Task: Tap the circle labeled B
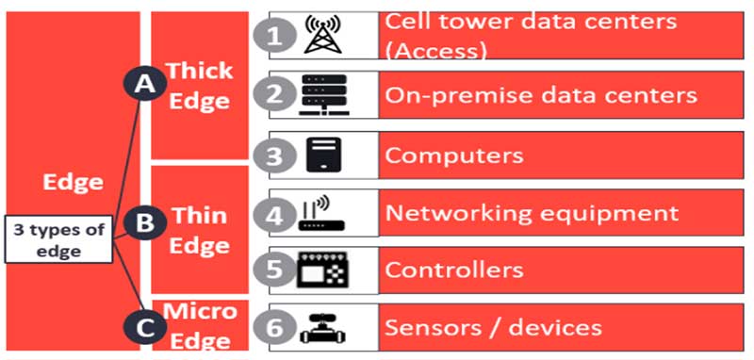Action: (x=144, y=224)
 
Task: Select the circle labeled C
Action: (x=144, y=326)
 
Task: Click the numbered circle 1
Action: (x=273, y=37)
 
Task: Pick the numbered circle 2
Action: (x=273, y=94)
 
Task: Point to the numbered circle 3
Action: (x=273, y=155)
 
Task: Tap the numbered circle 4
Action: (x=273, y=214)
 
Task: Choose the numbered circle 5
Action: (x=273, y=270)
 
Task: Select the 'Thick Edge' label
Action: (x=198, y=85)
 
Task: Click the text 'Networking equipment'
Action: (x=532, y=212)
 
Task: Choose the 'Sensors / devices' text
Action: (x=493, y=327)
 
